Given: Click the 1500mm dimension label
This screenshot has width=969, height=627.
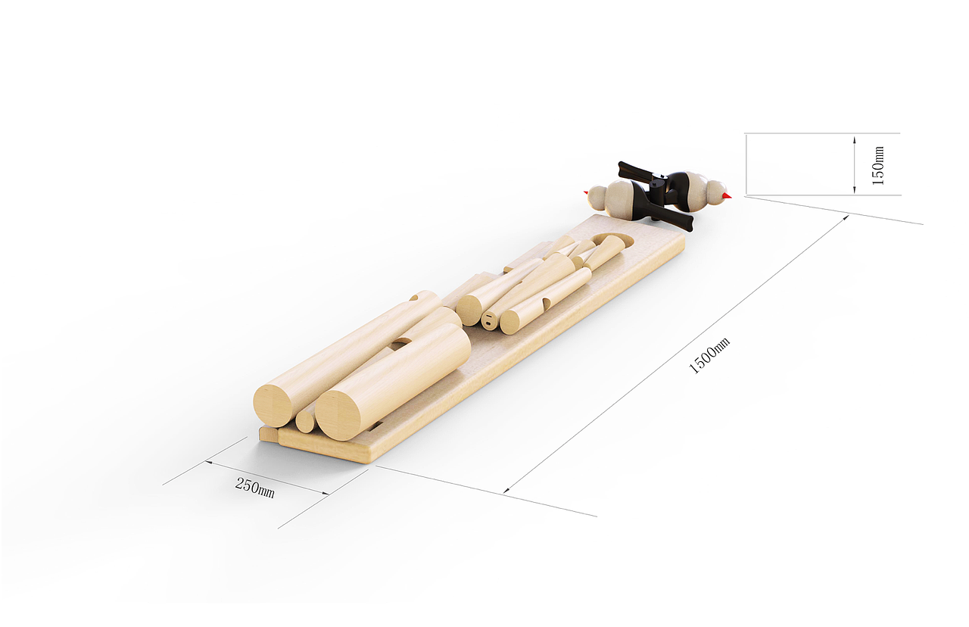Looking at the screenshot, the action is point(709,356).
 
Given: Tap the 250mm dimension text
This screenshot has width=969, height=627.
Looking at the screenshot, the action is point(255,488).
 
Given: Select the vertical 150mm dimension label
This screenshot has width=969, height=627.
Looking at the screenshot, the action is point(878,166).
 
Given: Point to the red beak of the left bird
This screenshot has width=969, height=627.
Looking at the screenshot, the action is point(586,192).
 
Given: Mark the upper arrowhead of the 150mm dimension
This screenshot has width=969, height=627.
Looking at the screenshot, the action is point(855,139).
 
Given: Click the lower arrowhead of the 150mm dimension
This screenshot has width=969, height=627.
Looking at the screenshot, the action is point(855,189).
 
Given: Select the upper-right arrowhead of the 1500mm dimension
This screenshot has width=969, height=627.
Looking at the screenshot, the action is point(846,219).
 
